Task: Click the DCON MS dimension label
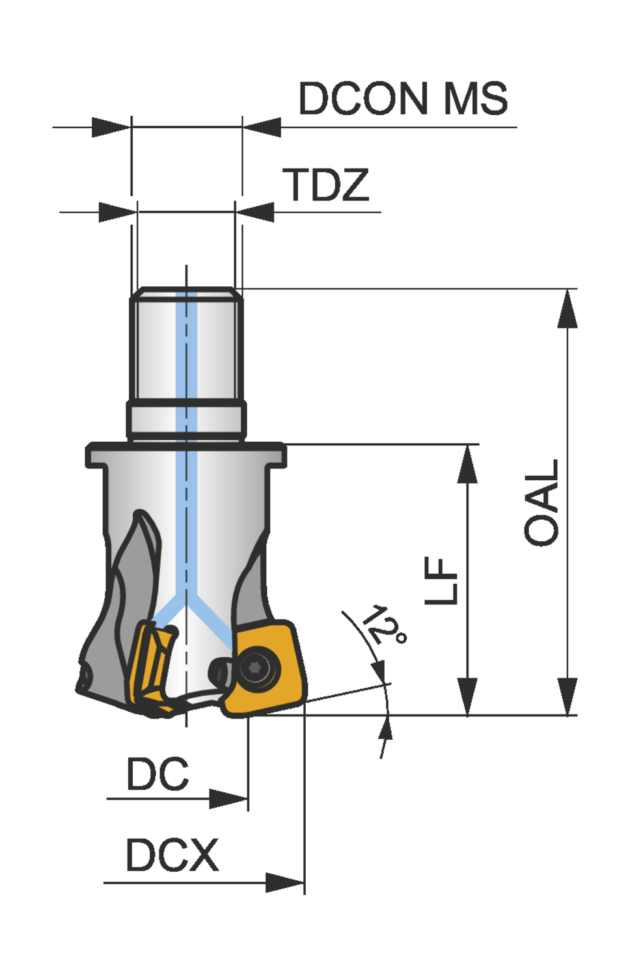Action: click(402, 99)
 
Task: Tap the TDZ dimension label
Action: click(325, 185)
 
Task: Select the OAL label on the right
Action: click(541, 502)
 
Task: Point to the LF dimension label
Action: click(442, 580)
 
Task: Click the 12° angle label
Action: click(385, 625)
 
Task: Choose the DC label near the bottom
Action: click(157, 774)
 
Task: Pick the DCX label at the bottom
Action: click(172, 855)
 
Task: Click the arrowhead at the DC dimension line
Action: click(229, 798)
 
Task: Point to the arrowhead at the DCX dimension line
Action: click(285, 883)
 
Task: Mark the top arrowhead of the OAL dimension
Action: click(568, 308)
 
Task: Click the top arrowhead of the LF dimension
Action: click(467, 465)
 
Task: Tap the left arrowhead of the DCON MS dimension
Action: click(111, 128)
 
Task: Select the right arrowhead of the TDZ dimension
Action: click(254, 212)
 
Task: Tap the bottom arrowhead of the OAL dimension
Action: click(568, 696)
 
